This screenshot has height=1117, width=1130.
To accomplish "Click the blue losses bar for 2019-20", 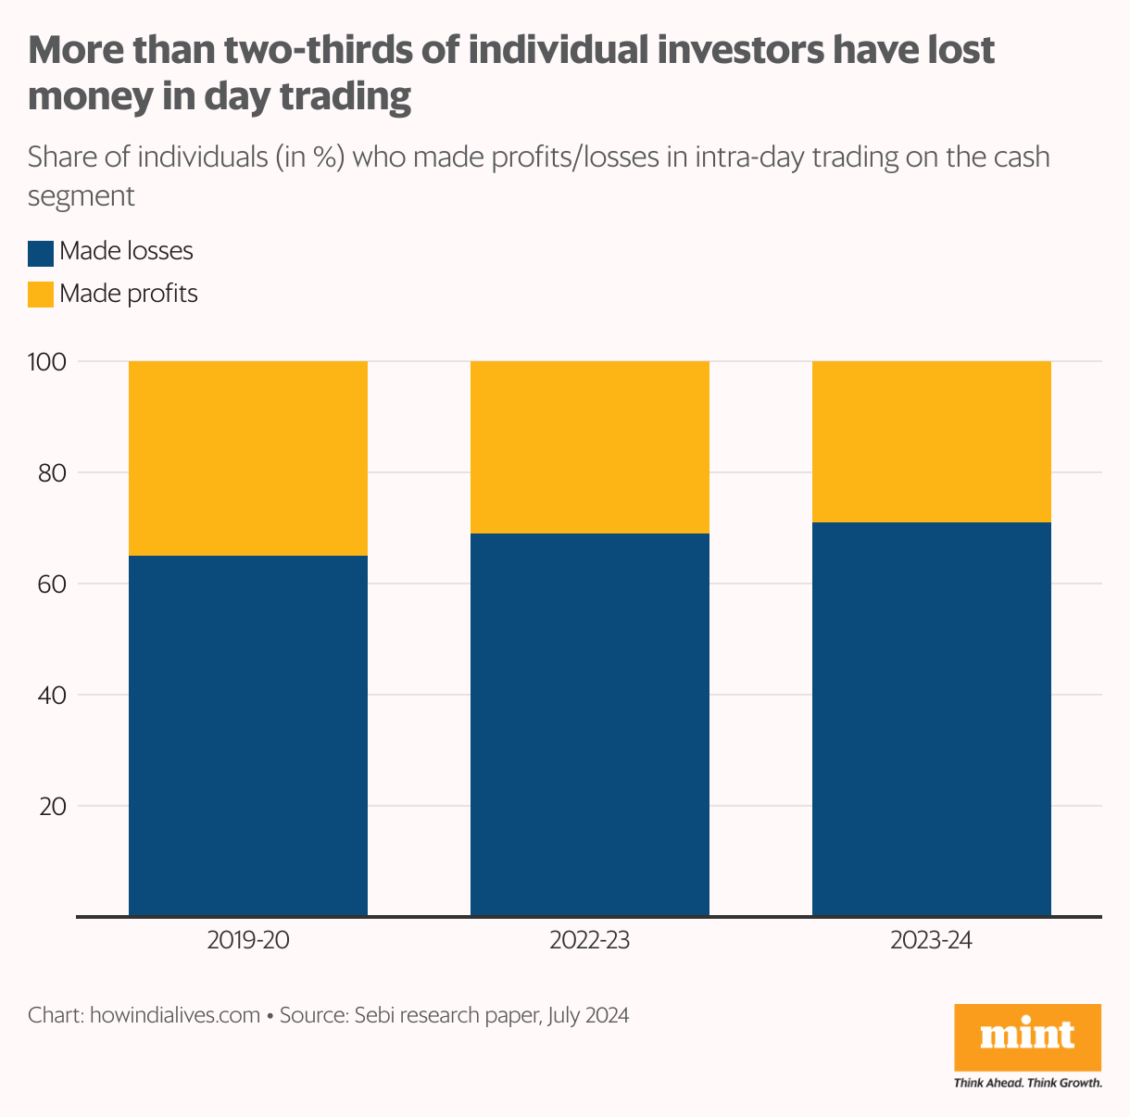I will tap(247, 735).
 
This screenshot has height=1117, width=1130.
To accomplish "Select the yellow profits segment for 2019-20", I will tap(247, 458).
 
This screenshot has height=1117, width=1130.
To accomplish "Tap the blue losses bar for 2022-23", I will tap(590, 724).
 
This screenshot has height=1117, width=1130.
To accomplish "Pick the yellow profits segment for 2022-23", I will tap(590, 446).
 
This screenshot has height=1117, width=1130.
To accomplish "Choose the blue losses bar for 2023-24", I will tap(932, 719).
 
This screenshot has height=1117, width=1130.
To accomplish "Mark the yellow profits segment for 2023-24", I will tap(932, 441).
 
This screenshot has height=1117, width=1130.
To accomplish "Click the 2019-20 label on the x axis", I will tap(247, 941).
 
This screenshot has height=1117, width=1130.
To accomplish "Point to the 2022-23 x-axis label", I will tap(590, 941).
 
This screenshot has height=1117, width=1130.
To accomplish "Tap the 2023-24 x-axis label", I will tap(932, 941).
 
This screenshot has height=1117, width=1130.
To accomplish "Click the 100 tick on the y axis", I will tap(46, 361).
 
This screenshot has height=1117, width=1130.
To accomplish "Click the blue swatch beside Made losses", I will tap(41, 252).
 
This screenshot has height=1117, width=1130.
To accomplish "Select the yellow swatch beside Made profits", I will tap(41, 295).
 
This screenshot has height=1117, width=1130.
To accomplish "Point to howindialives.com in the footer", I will tap(175, 1015).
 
